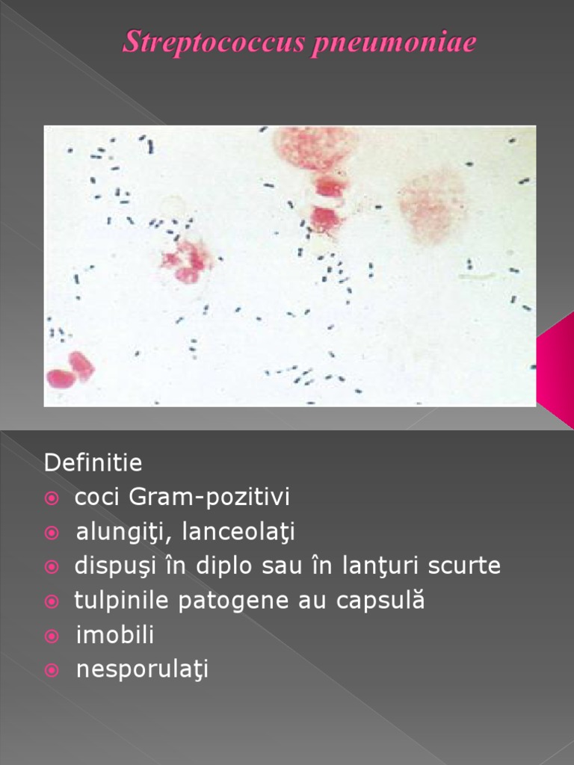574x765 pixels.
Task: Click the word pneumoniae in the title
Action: pos(394,43)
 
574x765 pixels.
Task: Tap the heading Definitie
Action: pos(93,462)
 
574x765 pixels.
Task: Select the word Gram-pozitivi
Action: pos(209,497)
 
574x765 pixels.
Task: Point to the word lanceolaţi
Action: pos(238,532)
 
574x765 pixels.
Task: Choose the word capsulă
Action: pos(380,600)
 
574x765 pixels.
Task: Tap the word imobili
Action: pos(114,635)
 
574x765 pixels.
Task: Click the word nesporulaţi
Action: pos(142,669)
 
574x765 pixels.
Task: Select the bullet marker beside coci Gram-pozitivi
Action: pos(52,498)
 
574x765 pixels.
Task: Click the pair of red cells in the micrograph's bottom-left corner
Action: pos(70,371)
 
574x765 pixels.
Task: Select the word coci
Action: pos(96,497)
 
